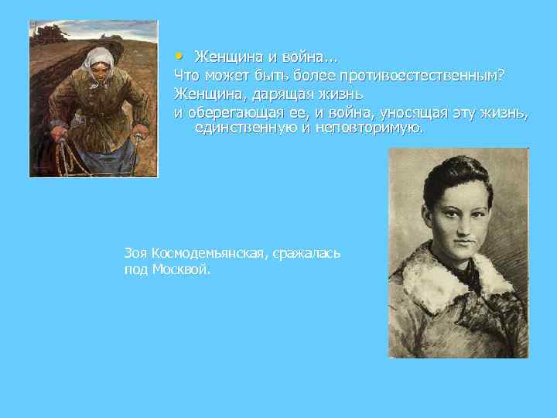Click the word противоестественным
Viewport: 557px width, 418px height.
coord(418,74)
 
